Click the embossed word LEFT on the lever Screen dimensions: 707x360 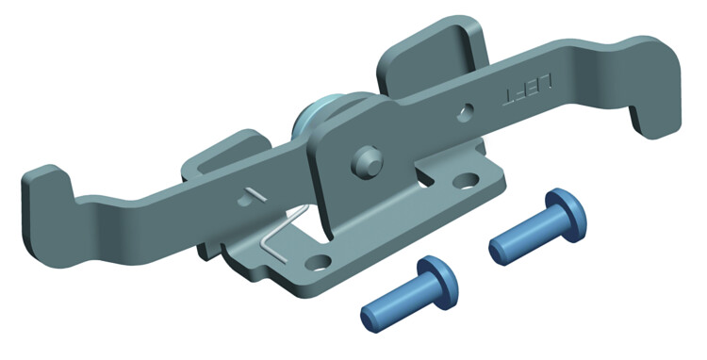click(x=528, y=90)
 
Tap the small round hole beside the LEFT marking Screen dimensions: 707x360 click(x=466, y=113)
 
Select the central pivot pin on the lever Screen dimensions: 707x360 click(x=367, y=162)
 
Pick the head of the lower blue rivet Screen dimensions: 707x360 click(x=437, y=283)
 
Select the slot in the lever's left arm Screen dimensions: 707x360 click(x=250, y=196)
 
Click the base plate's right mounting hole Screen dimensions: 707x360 click(x=466, y=181)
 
